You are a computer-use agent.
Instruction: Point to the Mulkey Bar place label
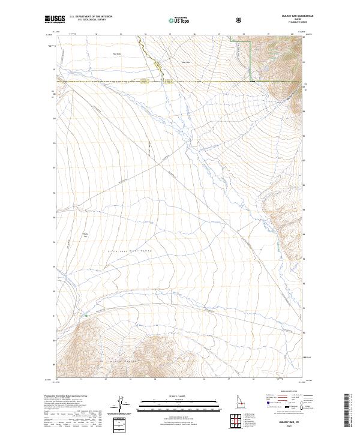(x=85, y=235)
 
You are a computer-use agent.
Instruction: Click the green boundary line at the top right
(x=250, y=60)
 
